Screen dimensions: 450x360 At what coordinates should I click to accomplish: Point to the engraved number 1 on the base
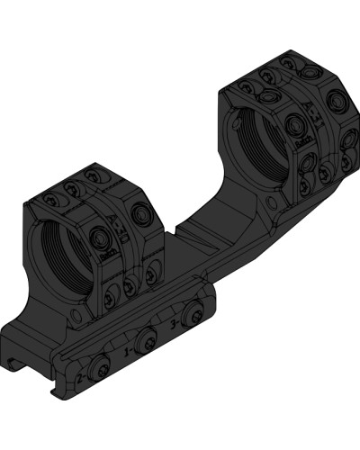[x=128, y=345]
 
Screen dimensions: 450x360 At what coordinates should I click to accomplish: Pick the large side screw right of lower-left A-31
[x=141, y=216]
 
